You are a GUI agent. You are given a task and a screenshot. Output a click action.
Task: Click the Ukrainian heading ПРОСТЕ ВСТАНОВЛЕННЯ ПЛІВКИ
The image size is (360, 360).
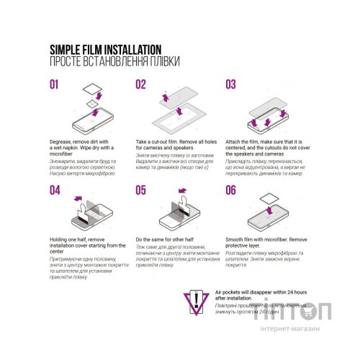(x=114, y=61)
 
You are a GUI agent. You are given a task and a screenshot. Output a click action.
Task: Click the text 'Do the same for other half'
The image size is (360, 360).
(x=168, y=238)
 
